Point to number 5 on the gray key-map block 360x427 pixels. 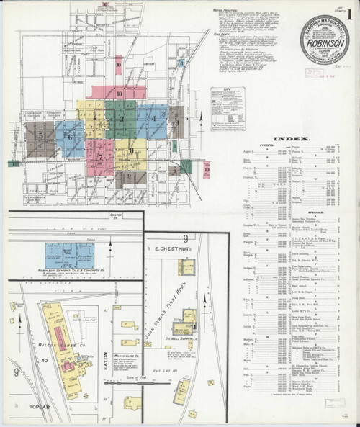coord(41,135)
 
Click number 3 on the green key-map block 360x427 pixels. coord(122,118)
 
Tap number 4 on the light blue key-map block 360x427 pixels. coord(153,117)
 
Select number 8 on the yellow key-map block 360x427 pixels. coord(131,151)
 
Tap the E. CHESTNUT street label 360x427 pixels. coord(176,249)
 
